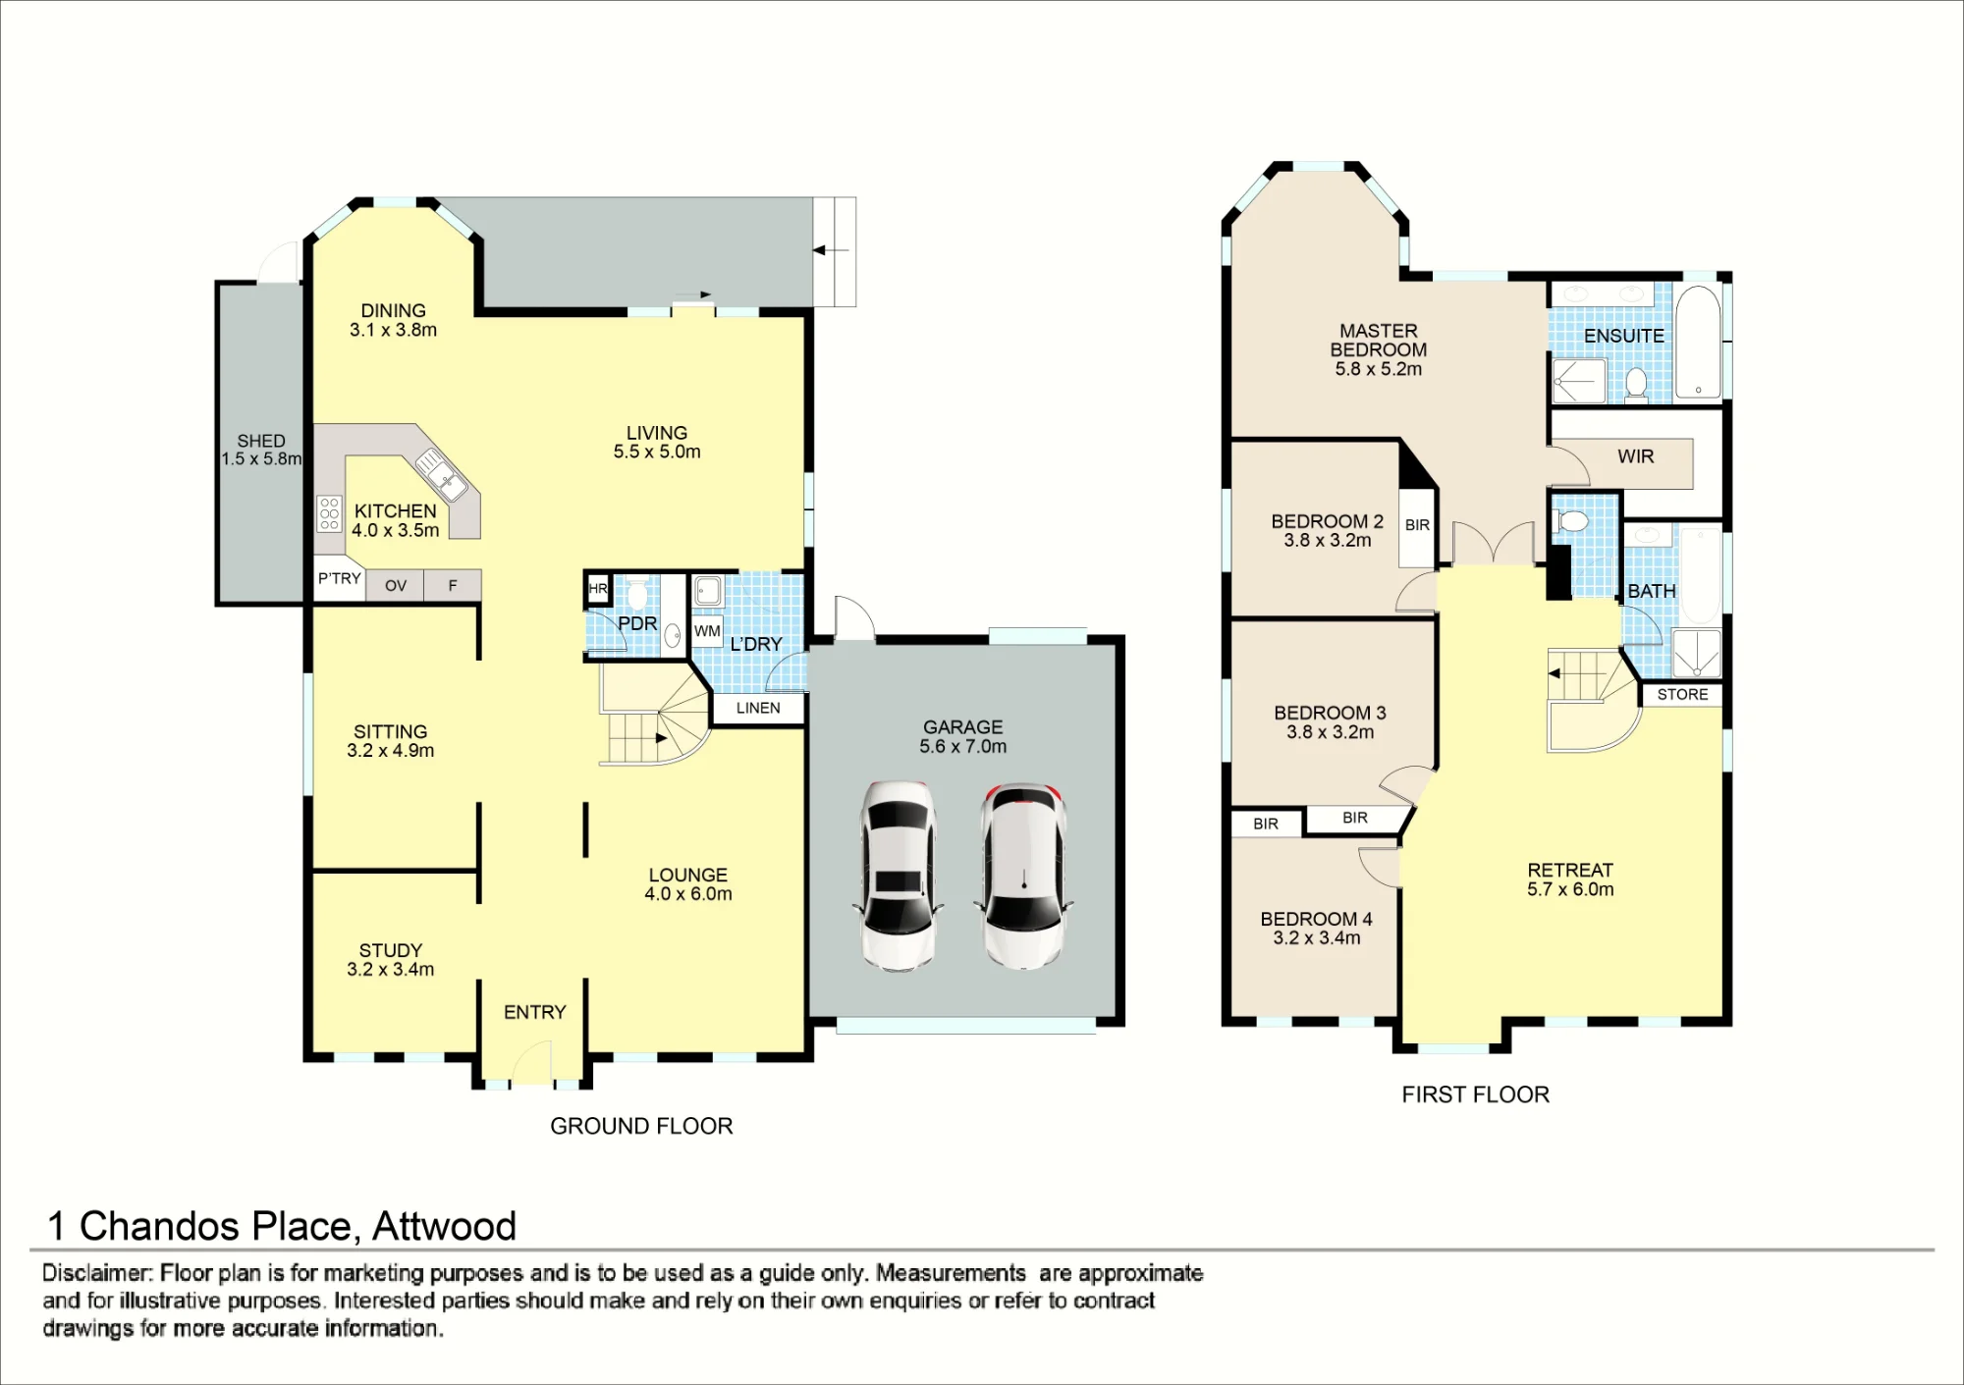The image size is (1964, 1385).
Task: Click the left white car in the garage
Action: click(x=899, y=876)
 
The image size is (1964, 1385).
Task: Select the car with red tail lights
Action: click(x=1023, y=876)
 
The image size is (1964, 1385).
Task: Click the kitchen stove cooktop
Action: click(x=329, y=513)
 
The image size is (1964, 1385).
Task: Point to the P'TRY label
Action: click(x=340, y=579)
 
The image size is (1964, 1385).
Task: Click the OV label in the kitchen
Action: click(x=396, y=586)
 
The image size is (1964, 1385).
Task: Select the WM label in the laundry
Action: click(x=707, y=631)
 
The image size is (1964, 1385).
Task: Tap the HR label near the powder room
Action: click(x=598, y=589)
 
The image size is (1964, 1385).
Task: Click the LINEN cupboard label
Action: click(x=758, y=708)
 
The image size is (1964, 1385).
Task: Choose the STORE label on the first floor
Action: click(x=1683, y=694)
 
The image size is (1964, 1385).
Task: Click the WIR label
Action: click(x=1636, y=456)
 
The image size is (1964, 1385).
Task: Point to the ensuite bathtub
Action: click(x=1698, y=342)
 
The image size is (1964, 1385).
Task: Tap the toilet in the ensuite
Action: click(x=1636, y=384)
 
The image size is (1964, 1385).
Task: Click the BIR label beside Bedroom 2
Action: click(x=1417, y=525)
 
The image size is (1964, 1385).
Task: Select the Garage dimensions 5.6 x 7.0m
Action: click(x=963, y=746)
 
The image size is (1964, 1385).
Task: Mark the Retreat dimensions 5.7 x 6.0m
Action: click(x=1570, y=889)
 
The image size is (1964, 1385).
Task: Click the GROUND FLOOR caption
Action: click(x=641, y=1126)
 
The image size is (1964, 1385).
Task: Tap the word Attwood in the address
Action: click(x=444, y=1226)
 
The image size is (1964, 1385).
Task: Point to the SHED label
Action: click(x=261, y=442)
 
